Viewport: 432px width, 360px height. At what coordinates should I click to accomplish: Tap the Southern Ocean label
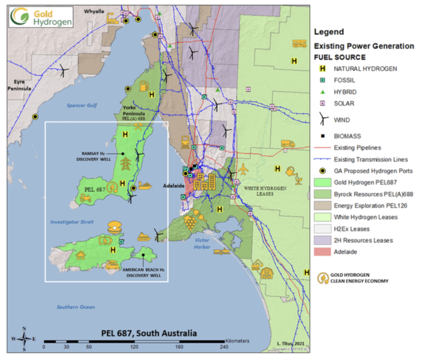click(75, 307)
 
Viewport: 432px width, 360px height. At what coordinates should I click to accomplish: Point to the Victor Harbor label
click(202, 244)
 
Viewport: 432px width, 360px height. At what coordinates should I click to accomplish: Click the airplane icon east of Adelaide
click(243, 168)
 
